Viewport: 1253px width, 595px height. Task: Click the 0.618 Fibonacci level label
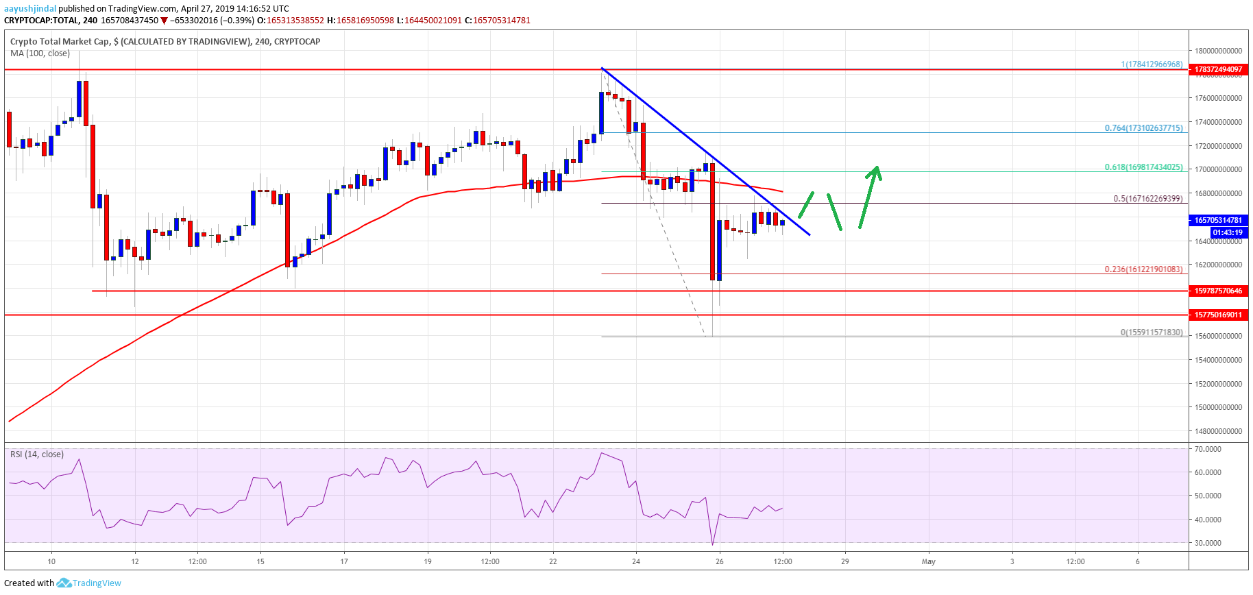1143,167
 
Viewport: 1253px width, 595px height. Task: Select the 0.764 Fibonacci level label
1143,128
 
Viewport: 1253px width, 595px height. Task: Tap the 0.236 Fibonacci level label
1143,269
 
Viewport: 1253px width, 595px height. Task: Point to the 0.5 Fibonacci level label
1147,199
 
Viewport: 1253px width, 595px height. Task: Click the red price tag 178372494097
1218,69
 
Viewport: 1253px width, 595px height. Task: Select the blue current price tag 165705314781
1218,220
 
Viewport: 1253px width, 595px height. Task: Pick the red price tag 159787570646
1218,291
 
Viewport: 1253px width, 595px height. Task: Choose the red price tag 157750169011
1218,315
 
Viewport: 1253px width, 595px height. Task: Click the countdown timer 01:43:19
1226,232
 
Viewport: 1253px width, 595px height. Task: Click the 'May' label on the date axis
928,561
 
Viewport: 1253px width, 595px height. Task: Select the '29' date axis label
845,561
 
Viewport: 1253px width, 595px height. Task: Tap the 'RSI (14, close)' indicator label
37,454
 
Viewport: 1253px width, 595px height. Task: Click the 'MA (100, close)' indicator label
40,53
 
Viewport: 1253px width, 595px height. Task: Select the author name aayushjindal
30,9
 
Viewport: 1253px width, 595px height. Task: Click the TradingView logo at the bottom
89,583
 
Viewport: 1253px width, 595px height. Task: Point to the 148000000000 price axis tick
1218,431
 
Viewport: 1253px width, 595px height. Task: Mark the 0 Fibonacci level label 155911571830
1151,332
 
